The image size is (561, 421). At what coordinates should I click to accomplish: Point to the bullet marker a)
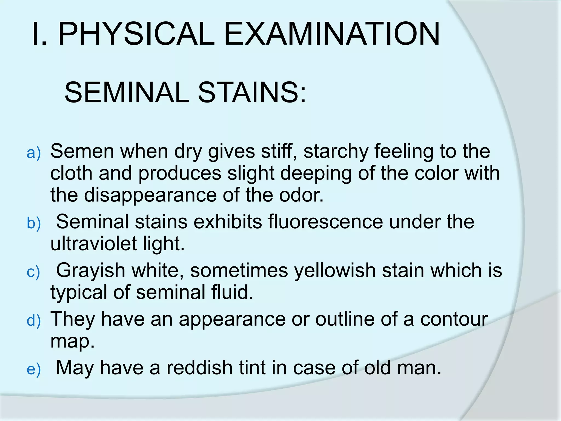click(x=34, y=153)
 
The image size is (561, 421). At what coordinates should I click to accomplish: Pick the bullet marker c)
click(x=34, y=272)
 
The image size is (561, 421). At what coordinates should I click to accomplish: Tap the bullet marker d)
click(x=34, y=321)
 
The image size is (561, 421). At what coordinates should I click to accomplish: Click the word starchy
click(x=336, y=152)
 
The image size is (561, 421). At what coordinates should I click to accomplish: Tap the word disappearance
click(x=150, y=195)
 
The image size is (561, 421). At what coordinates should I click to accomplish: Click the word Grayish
click(x=90, y=271)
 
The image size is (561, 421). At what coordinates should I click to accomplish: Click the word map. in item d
click(x=73, y=341)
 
